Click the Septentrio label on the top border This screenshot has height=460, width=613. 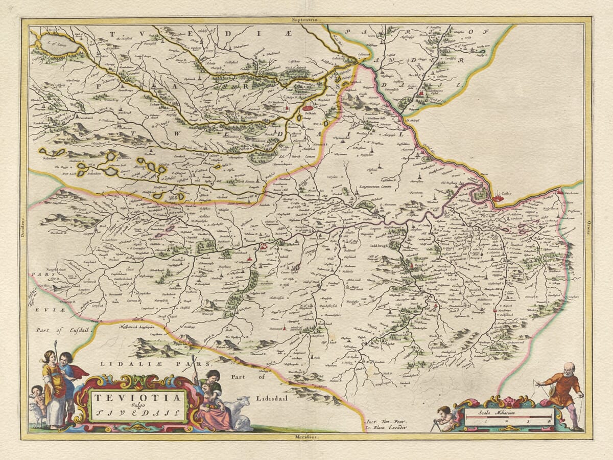[x=305, y=19]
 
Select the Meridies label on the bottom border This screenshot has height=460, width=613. [x=306, y=438]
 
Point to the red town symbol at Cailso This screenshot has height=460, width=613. [x=498, y=197]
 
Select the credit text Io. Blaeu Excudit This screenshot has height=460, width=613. [x=386, y=425]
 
